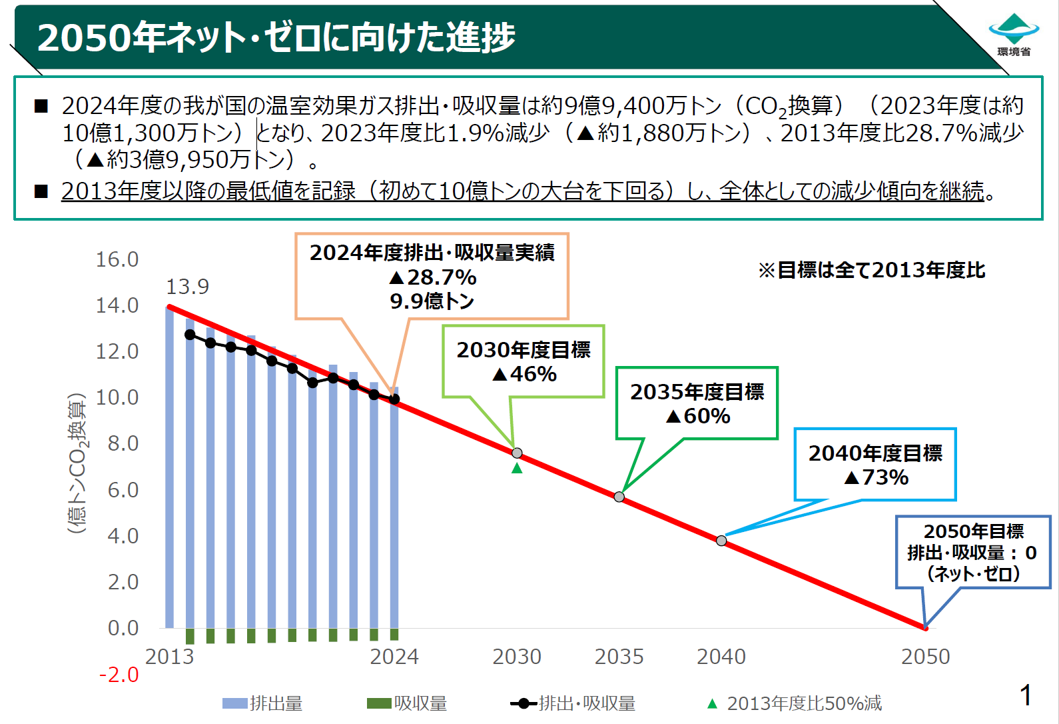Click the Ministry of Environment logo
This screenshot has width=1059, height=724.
click(x=1014, y=34)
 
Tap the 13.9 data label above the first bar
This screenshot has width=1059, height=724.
click(x=187, y=287)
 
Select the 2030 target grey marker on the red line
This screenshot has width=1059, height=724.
click(x=517, y=453)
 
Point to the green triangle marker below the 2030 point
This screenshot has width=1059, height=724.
click(x=517, y=469)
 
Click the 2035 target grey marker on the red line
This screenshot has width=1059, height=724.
click(x=619, y=497)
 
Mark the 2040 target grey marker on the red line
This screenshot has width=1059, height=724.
click(x=721, y=541)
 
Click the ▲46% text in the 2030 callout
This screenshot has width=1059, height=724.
click(x=524, y=374)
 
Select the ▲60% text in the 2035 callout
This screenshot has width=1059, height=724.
click(x=698, y=416)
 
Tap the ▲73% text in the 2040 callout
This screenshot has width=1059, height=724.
click(x=876, y=477)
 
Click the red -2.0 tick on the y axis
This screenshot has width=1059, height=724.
click(x=119, y=675)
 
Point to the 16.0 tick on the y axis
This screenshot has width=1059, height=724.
click(x=117, y=259)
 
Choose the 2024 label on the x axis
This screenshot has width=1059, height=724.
click(x=394, y=657)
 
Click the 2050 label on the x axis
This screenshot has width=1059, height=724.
click(x=925, y=657)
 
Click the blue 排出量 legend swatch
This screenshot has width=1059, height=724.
click(x=234, y=703)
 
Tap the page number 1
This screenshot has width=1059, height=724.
click(x=1026, y=695)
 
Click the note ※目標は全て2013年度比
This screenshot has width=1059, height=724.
click(x=872, y=270)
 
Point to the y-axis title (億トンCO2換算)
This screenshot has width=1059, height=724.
click(x=77, y=463)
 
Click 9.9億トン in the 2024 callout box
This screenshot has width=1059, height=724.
click(x=432, y=301)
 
